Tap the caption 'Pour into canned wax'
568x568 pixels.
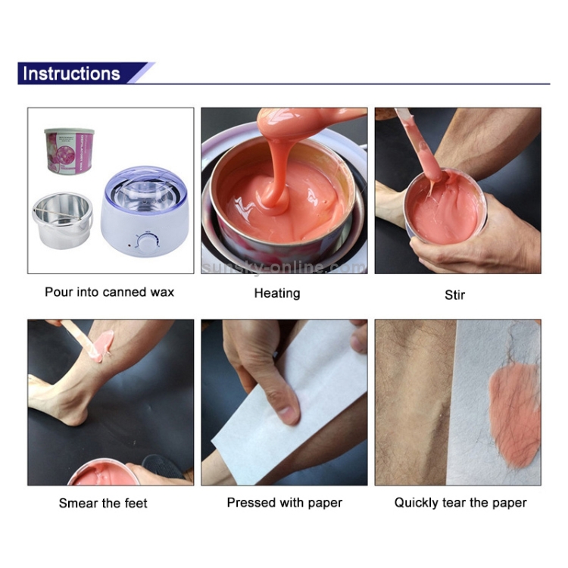click(109, 292)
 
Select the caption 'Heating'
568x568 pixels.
click(276, 293)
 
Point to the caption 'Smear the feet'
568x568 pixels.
click(103, 503)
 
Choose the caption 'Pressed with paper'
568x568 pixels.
click(285, 503)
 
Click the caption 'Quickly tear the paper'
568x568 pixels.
click(460, 503)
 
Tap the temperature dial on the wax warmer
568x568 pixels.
click(144, 242)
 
